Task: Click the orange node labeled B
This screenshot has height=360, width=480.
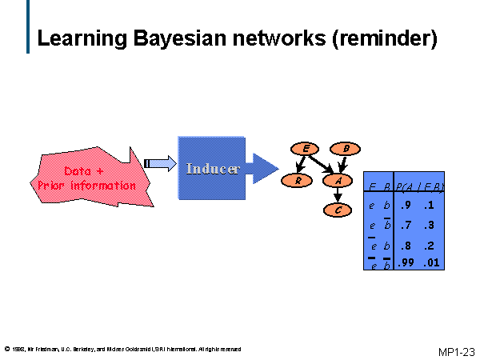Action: [346, 148]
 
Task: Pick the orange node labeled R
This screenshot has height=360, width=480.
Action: [298, 180]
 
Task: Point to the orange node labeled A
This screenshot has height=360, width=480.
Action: [338, 180]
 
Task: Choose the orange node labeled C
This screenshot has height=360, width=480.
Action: [338, 210]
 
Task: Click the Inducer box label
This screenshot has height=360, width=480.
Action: [212, 169]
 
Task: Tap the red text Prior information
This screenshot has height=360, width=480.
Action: [86, 186]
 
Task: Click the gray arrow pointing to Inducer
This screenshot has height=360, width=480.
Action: [161, 163]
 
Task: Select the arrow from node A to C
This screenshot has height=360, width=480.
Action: [338, 195]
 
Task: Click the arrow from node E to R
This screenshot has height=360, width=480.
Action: [301, 164]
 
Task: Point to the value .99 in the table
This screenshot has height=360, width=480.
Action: [407, 262]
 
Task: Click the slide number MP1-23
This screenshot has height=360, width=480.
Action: [456, 351]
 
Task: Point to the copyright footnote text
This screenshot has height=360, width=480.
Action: [122, 349]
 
